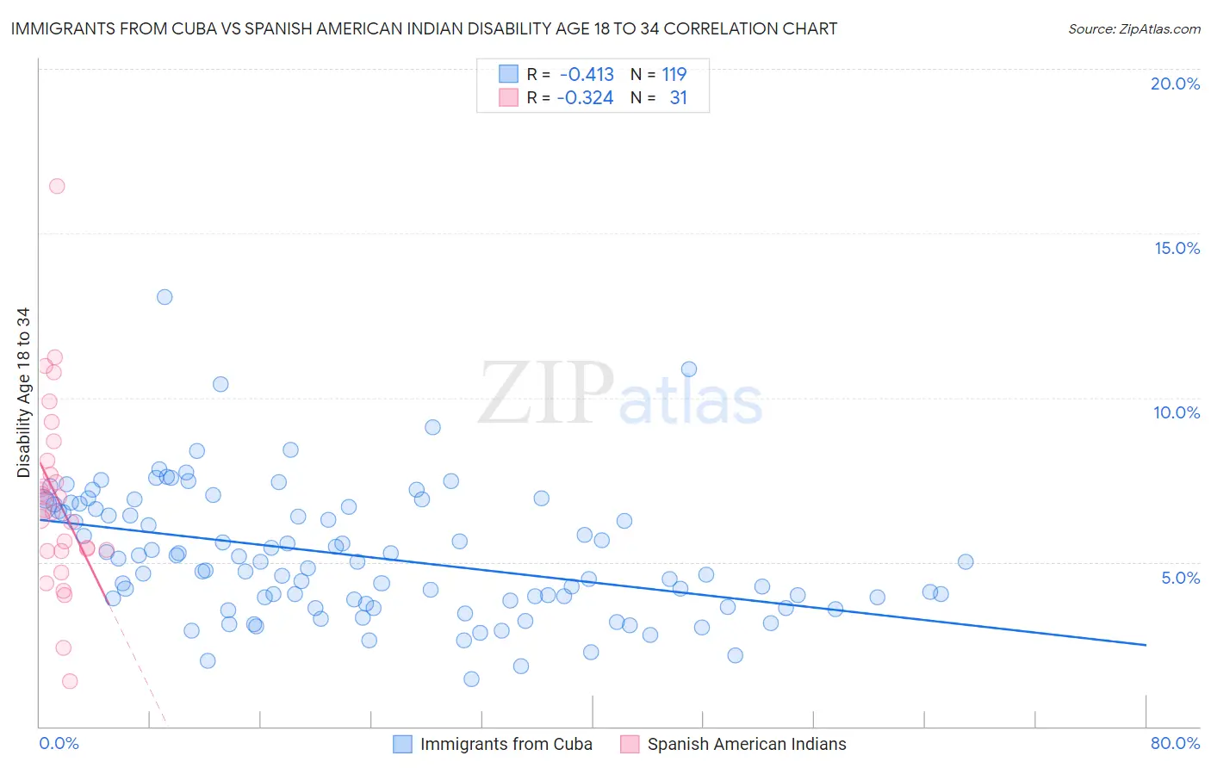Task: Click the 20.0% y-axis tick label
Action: [1175, 84]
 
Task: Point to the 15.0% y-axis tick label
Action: [1177, 248]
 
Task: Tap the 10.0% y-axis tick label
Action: [1177, 412]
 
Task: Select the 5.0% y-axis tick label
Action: [1180, 578]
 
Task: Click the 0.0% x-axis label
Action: [59, 743]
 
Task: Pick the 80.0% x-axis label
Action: [1175, 743]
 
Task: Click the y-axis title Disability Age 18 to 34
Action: [23, 393]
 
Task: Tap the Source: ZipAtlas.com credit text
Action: [1133, 29]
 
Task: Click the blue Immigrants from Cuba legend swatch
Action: [402, 744]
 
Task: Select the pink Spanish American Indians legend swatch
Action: [630, 744]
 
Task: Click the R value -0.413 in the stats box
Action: [587, 74]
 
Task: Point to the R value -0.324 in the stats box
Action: [585, 98]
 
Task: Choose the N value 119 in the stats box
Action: [674, 74]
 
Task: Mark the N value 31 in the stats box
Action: [679, 98]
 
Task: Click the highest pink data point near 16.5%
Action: [57, 186]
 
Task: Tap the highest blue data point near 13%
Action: [165, 297]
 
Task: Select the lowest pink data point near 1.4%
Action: [70, 681]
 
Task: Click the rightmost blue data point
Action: [966, 562]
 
